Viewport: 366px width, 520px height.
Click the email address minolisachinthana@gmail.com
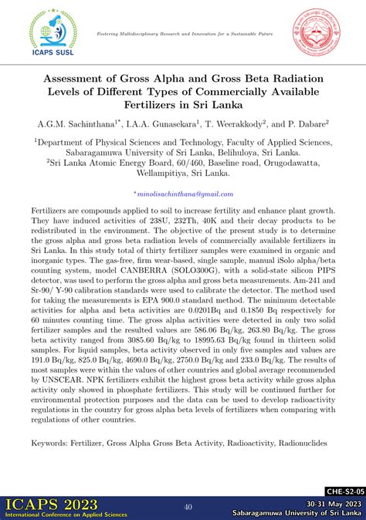[183, 194]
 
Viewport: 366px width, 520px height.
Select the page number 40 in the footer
[188, 507]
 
